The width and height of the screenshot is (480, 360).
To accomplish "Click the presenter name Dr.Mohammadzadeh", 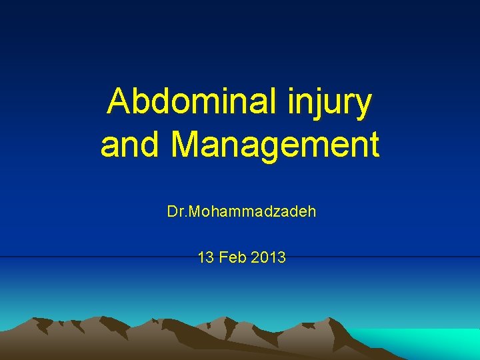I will pos(241,213).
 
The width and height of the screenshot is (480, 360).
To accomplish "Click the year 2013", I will pos(269,257).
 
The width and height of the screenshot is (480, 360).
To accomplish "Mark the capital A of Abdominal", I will pos(121,102).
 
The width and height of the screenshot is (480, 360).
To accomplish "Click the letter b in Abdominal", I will pos(145,102).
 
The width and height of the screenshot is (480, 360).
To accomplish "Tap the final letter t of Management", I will pos(373,145).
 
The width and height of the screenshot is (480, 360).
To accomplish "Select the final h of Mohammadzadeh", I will pos(312,213).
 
